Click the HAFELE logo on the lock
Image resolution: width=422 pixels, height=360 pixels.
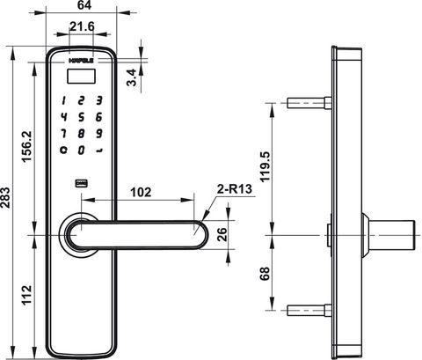(x=81, y=61)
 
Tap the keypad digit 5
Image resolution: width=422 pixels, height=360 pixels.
(x=81, y=116)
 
